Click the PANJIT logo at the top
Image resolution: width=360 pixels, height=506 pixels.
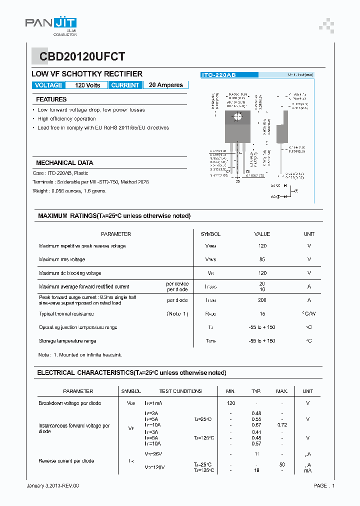(x=50, y=24)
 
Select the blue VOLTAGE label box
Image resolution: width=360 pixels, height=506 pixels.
(x=48, y=85)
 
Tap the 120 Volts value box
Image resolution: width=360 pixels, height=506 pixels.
(x=87, y=85)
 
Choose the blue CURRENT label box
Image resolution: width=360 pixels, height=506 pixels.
(x=125, y=85)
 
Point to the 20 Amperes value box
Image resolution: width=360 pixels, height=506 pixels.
(x=166, y=85)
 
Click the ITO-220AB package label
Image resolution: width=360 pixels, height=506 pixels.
(x=218, y=74)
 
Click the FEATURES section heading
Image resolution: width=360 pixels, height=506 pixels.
(x=51, y=99)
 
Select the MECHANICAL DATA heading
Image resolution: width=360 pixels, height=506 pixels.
(x=64, y=162)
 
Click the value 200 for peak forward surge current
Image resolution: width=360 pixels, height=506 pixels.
(x=262, y=300)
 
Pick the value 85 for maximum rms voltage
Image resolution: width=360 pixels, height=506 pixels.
(x=262, y=259)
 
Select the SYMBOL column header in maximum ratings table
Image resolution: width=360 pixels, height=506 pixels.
(x=210, y=234)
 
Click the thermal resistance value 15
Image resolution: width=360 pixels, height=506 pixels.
(x=262, y=314)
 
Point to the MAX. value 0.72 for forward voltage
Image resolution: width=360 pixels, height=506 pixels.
(x=281, y=425)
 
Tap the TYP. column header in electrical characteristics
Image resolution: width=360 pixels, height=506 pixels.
(x=256, y=391)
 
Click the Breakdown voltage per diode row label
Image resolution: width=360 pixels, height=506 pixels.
(x=69, y=403)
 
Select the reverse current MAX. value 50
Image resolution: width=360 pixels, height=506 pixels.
(x=281, y=464)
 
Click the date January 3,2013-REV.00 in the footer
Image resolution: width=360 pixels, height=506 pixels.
(x=52, y=485)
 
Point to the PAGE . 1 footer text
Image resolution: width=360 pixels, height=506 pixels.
(x=324, y=485)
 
